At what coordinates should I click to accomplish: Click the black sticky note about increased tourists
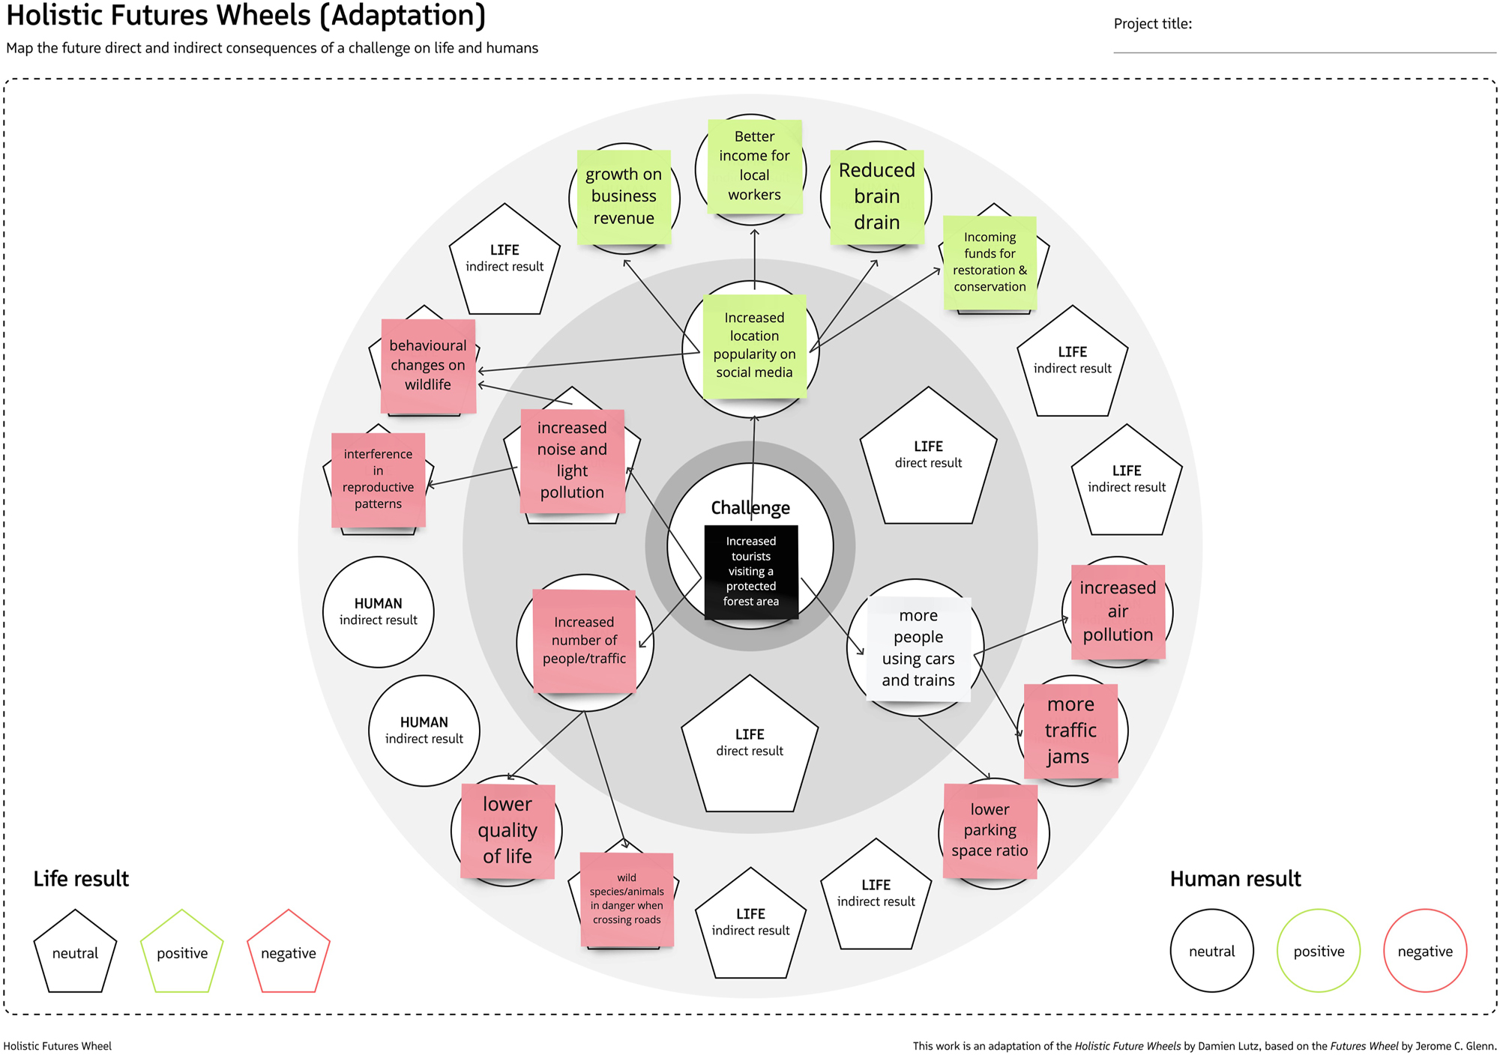750,571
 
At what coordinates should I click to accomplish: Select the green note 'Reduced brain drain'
876,196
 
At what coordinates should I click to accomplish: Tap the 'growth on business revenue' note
623,196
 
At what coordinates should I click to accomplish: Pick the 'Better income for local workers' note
754,166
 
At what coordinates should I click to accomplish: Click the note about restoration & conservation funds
990,262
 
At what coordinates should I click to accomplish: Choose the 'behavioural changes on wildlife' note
428,365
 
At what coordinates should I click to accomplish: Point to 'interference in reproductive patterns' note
378,479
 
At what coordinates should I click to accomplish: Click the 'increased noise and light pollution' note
572,460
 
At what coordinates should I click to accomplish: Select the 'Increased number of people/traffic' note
584,640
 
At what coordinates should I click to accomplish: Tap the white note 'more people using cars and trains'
918,648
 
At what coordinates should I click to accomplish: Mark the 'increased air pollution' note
1118,611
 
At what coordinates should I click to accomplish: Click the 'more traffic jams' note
1070,730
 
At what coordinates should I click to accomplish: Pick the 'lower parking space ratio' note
990,830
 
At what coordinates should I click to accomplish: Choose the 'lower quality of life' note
507,830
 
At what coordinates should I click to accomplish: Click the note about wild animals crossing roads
627,898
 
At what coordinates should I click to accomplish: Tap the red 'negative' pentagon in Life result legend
289,952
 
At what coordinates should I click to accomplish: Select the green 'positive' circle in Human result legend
1318,951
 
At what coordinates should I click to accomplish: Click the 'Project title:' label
1152,24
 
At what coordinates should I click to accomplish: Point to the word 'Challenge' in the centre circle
750,507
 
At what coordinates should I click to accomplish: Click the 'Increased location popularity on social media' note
754,345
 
